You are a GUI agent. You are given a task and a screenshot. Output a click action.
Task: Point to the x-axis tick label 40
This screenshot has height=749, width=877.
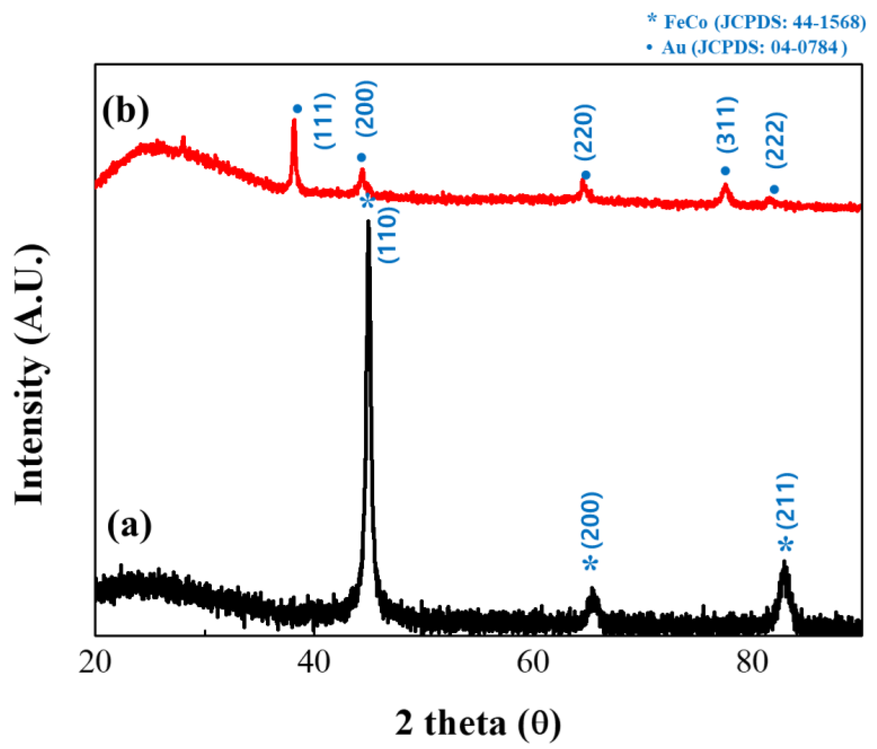(314, 661)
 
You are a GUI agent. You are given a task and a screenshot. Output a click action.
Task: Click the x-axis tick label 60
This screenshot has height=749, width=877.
(533, 661)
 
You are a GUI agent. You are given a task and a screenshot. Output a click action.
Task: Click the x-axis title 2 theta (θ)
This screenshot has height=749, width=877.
(478, 723)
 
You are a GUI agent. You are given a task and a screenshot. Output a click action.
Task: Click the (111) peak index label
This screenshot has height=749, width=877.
(325, 121)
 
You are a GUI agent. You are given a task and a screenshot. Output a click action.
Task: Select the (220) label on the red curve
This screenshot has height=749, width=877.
(585, 132)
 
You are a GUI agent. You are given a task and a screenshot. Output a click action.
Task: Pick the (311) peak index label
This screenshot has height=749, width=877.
(727, 124)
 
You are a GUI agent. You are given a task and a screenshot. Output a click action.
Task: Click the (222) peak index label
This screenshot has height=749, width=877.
(776, 141)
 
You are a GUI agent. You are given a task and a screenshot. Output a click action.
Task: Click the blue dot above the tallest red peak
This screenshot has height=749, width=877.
(297, 109)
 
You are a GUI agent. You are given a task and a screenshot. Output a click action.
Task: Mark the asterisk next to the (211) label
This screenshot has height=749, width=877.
(786, 545)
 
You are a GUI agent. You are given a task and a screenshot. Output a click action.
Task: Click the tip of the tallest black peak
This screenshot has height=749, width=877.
(368, 221)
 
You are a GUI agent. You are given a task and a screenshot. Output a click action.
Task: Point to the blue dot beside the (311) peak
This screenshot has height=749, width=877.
(726, 171)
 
